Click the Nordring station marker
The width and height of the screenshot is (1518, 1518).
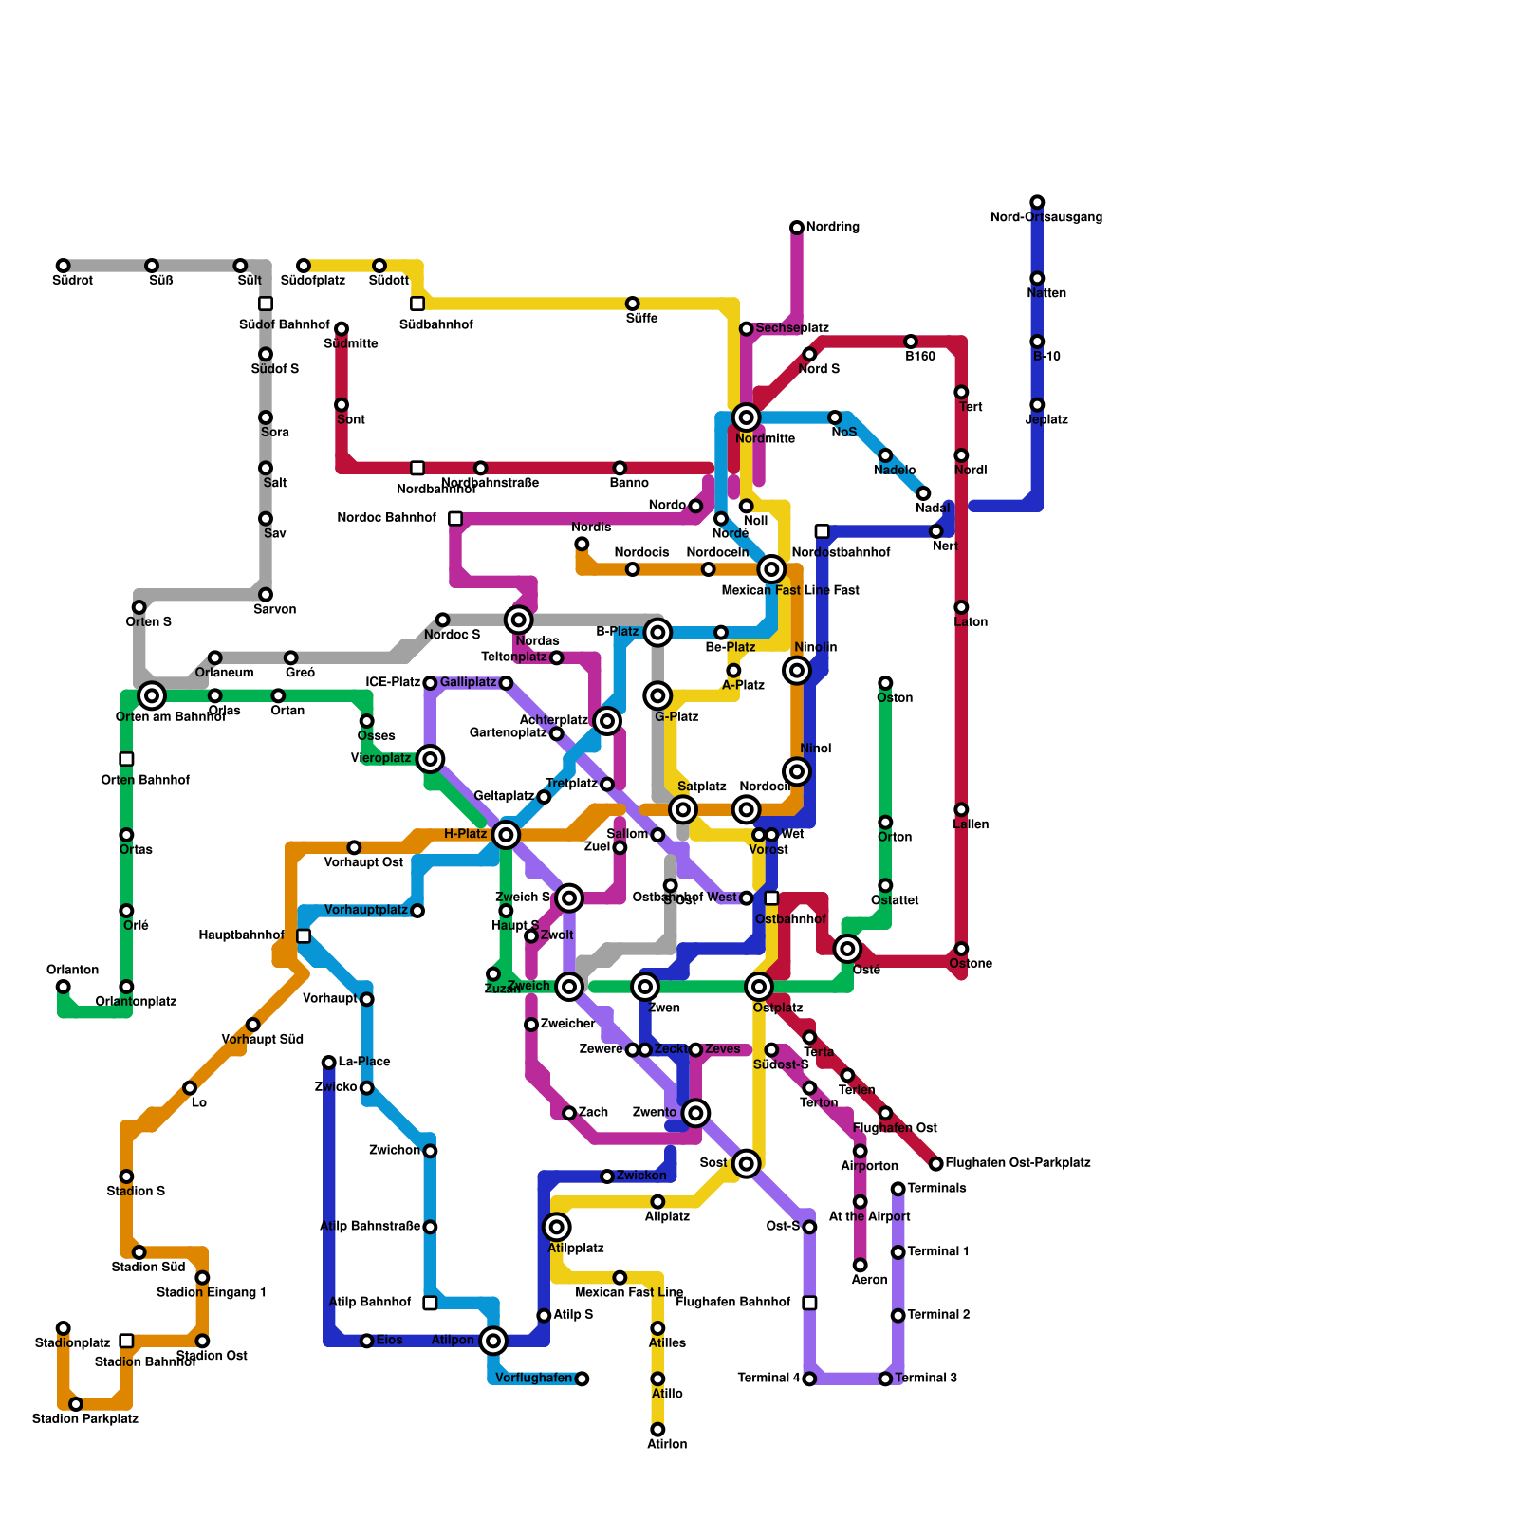click(x=797, y=228)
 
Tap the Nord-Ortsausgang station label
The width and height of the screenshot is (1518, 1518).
click(x=1046, y=217)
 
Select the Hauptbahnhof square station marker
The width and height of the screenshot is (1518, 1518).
click(x=304, y=936)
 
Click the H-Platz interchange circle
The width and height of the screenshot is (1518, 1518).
click(x=506, y=835)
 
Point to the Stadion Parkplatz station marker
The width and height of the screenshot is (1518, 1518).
click(x=76, y=1404)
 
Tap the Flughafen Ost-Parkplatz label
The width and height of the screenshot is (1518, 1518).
click(x=1017, y=1163)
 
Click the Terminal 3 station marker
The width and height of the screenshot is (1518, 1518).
click(x=885, y=1379)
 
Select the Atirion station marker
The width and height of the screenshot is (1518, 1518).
click(x=657, y=1430)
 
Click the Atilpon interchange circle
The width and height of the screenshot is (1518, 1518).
click(x=493, y=1341)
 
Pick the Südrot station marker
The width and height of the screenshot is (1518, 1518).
click(x=63, y=266)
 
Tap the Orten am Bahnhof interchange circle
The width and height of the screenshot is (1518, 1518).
click(x=152, y=695)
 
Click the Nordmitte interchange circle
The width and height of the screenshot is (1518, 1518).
click(x=747, y=417)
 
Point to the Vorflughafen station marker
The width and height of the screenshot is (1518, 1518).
click(x=582, y=1379)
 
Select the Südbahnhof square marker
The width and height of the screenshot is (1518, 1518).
click(x=417, y=304)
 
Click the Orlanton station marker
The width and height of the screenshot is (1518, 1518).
click(x=63, y=987)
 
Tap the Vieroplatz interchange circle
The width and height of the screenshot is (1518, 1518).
click(x=430, y=759)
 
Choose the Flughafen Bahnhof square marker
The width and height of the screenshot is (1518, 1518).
click(x=809, y=1303)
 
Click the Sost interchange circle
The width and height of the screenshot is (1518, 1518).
click(x=747, y=1163)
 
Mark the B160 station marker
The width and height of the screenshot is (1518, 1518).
click(x=911, y=342)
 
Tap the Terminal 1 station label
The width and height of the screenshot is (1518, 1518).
click(x=937, y=1252)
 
